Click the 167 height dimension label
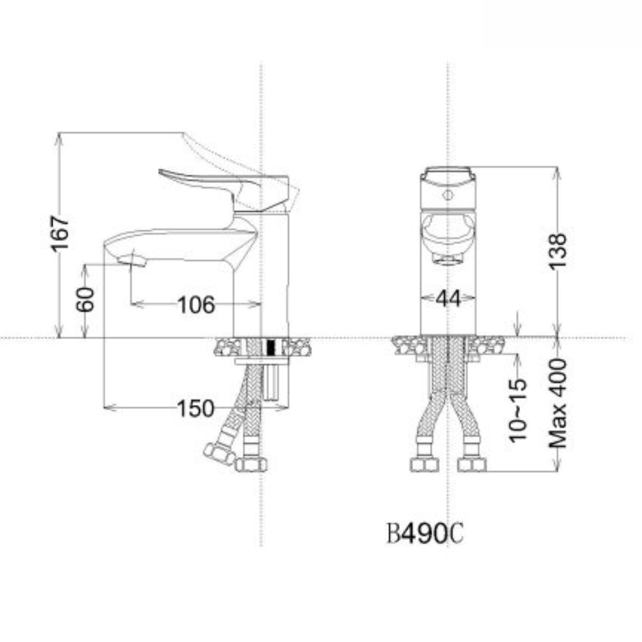pos(61,234)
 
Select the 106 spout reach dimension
pos(195,304)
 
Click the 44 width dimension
pos(448,298)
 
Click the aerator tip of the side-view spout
pos(137,259)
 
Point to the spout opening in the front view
pos(448,259)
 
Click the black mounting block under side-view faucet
pos(270,347)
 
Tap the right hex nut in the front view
pos(471,464)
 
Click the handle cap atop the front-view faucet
pos(448,173)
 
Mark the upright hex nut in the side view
pos(250,464)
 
